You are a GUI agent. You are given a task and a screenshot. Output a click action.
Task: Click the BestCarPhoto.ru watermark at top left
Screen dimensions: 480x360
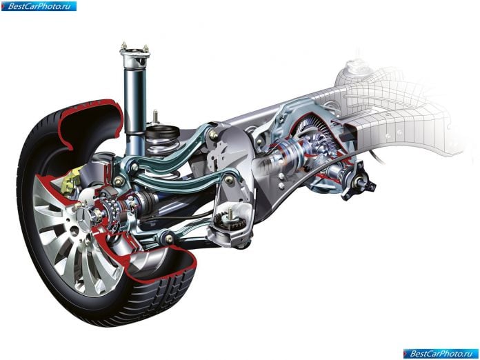[x=39, y=6]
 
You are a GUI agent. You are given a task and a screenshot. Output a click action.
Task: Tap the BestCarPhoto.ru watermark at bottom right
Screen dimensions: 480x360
[x=441, y=354]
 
